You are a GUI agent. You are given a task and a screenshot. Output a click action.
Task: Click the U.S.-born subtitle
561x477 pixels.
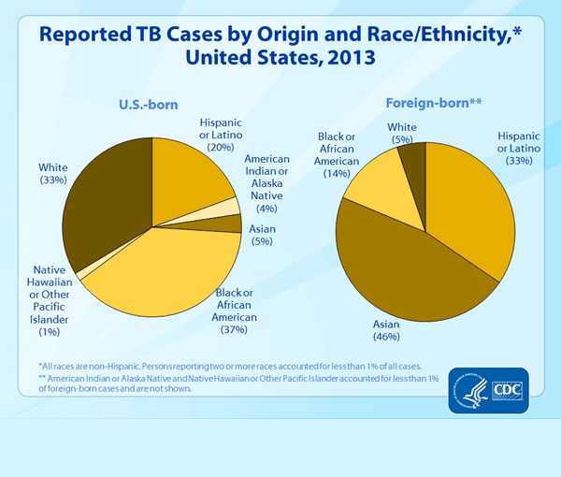point(148,105)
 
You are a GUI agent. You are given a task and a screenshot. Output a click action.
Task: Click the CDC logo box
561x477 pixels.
point(510,385)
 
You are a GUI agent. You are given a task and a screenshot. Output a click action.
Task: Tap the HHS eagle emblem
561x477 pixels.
point(467,385)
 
